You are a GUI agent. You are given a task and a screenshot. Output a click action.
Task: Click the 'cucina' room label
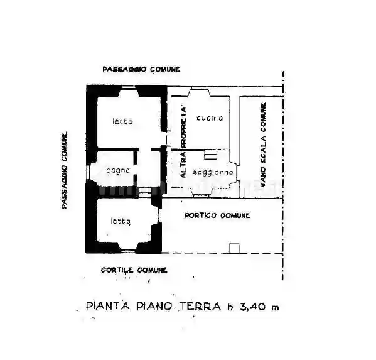point(210,118)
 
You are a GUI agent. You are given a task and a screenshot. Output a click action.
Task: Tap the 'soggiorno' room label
point(213,172)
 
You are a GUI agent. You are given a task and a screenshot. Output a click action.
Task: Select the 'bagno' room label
point(118,170)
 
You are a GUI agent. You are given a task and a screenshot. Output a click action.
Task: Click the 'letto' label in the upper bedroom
point(122,121)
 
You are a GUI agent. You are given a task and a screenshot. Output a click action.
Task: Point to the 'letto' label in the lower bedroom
point(121,221)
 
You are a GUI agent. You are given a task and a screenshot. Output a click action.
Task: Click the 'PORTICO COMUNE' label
point(217,215)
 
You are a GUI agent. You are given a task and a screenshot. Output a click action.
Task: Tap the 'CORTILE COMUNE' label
point(134,270)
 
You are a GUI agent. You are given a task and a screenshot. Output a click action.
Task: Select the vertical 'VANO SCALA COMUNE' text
point(263,145)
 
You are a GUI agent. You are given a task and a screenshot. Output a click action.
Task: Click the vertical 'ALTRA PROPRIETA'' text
point(183,143)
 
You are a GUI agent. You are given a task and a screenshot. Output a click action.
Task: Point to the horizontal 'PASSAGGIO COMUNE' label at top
point(141,69)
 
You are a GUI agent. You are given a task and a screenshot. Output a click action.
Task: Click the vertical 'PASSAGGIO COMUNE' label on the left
point(64,170)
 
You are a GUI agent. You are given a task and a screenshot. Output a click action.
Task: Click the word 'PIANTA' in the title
point(108,306)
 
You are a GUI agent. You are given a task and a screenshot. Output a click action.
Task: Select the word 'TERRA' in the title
point(200,306)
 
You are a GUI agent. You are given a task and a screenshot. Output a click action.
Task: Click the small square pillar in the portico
point(234,248)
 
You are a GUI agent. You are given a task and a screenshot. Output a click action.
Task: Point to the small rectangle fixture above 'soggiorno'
point(210,155)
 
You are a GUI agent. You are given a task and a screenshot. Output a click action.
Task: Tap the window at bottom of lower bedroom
point(126,251)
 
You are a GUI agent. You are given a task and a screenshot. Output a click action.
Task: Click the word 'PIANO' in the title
point(154,306)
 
